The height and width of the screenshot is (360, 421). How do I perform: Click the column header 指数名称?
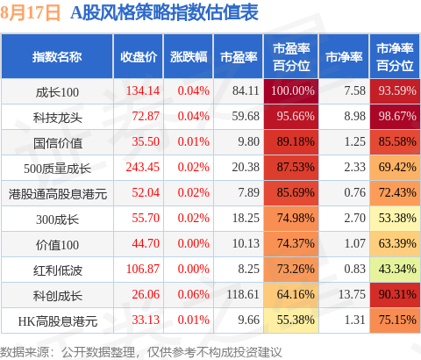[57, 57]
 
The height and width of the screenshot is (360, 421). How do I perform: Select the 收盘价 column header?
[139, 57]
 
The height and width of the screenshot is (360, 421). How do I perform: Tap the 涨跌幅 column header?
[189, 57]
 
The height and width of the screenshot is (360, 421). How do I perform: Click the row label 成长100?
[57, 92]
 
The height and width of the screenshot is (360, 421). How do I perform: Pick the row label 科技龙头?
[57, 118]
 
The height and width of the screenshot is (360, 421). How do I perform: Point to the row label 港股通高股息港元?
[58, 194]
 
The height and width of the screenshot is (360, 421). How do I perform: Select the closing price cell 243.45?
[143, 167]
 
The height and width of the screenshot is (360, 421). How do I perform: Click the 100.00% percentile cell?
[293, 90]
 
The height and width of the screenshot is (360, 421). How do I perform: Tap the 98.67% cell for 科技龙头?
[397, 116]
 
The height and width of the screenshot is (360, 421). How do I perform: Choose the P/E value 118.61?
[243, 294]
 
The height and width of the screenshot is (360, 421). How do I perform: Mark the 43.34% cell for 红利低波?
[397, 269]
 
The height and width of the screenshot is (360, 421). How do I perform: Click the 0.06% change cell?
[194, 294]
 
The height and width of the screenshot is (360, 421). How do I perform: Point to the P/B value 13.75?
[352, 294]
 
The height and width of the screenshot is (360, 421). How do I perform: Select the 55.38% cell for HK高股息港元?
[296, 320]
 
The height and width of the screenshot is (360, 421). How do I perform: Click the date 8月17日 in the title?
[30, 13]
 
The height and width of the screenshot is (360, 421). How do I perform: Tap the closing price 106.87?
[143, 269]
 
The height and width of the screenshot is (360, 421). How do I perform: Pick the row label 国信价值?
[57, 143]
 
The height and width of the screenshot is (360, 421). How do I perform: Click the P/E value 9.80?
[248, 141]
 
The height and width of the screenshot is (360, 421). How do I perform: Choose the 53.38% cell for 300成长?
[397, 218]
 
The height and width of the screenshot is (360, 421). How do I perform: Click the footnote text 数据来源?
[25, 352]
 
